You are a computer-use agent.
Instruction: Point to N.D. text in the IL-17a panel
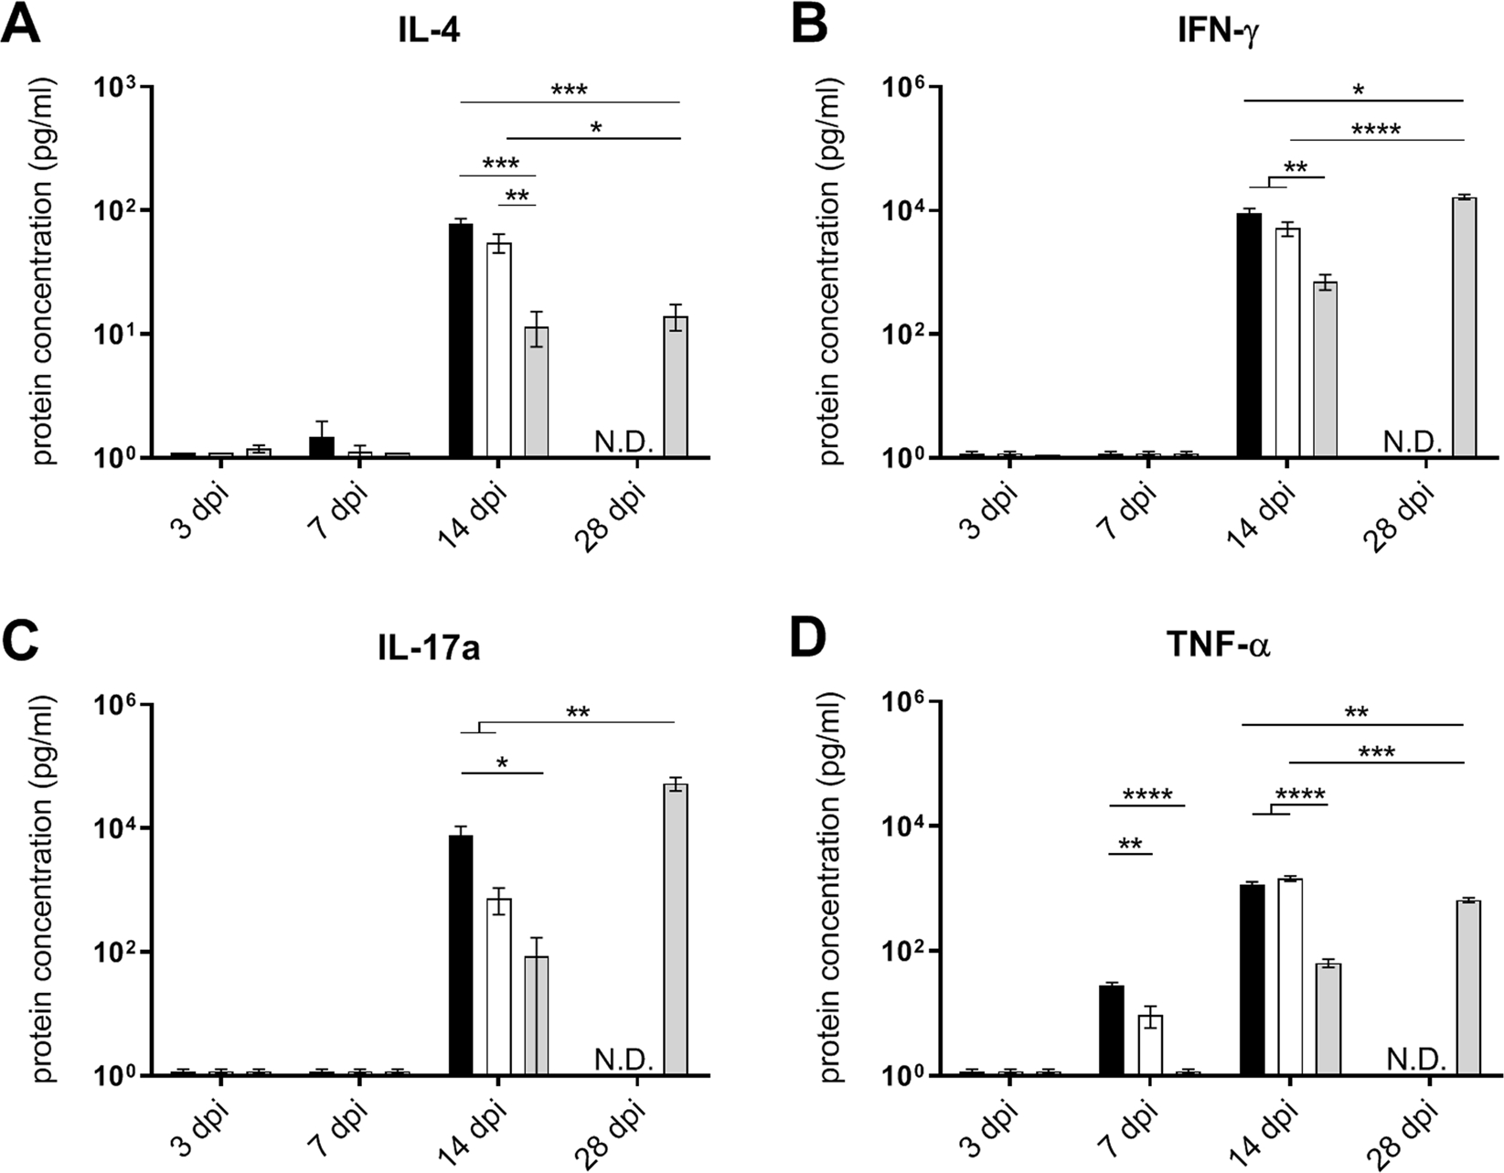pos(624,1060)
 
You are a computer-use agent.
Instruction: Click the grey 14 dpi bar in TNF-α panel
pos(1328,1018)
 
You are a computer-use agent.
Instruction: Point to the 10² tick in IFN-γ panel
pos(904,335)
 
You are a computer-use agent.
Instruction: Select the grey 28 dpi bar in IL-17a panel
pos(676,928)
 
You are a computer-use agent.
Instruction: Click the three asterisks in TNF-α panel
pos(1377,752)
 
